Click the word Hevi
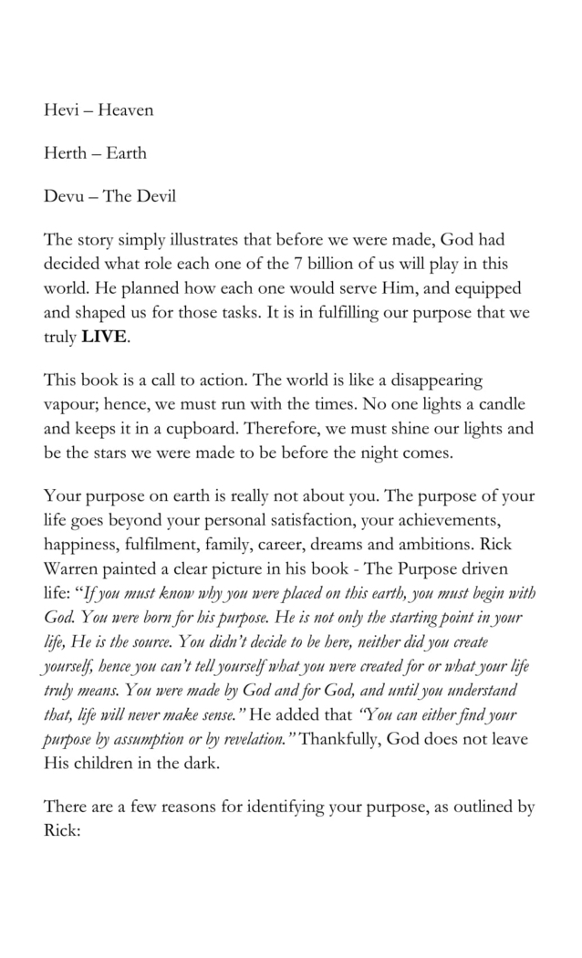[x=61, y=110]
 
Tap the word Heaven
[x=126, y=110]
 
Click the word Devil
[x=155, y=196]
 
